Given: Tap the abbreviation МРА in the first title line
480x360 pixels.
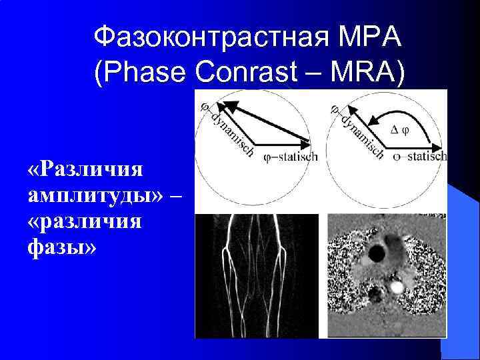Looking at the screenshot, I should tap(372, 37).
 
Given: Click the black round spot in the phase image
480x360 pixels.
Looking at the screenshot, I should tap(377, 253).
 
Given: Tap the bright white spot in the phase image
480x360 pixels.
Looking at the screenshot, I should tap(397, 287).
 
